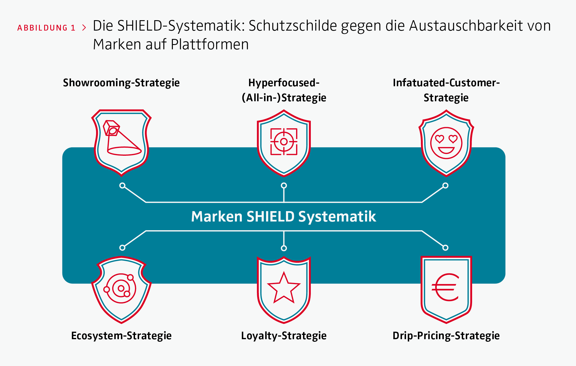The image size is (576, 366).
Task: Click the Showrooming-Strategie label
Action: [121, 83]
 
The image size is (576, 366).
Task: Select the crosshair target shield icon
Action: [284, 142]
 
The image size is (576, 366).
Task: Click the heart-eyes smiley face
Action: [446, 143]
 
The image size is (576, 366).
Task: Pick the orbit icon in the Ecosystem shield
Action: [121, 288]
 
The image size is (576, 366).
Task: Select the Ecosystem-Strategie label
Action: [121, 336]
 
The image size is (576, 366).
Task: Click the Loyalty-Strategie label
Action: [284, 336]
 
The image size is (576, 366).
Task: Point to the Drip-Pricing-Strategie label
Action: [446, 336]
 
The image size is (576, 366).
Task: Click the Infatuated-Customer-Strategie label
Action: [446, 90]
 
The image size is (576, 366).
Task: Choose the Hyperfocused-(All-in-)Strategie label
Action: [284, 90]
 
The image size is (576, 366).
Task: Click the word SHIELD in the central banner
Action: [270, 217]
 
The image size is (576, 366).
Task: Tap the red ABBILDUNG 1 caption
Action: [46, 28]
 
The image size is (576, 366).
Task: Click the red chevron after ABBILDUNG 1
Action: [84, 28]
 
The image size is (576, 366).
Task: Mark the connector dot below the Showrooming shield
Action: [122, 185]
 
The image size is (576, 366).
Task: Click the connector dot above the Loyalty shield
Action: [284, 248]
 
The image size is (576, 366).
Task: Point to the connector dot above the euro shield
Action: [445, 247]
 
